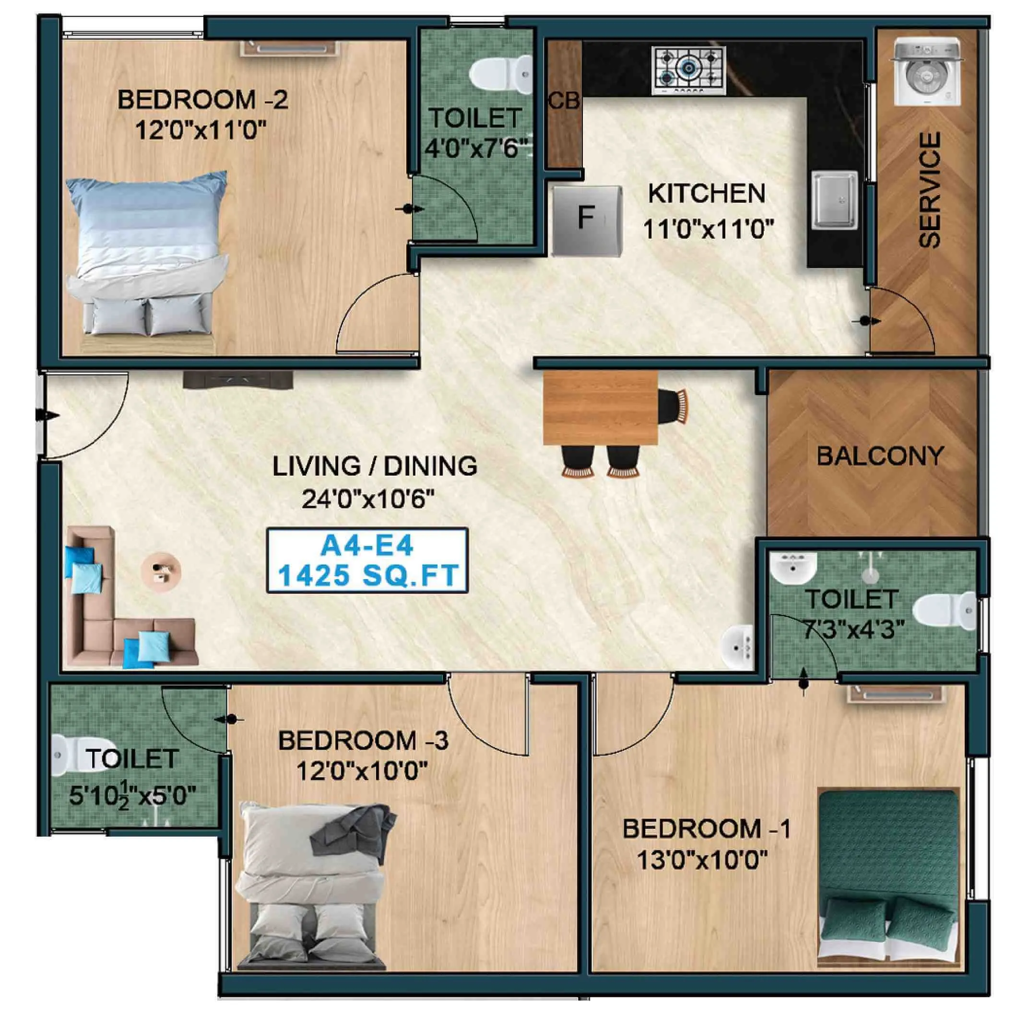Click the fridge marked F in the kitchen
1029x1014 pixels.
click(586, 220)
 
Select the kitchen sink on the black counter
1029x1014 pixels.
click(834, 199)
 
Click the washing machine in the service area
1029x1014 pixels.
click(927, 72)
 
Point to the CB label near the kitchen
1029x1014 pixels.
click(564, 100)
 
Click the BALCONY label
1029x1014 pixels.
click(880, 456)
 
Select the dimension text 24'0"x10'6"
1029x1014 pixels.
click(368, 499)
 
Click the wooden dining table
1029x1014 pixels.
click(600, 408)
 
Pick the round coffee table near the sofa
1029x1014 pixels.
click(161, 572)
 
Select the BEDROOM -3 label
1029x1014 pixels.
click(363, 740)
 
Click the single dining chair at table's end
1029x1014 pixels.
click(673, 406)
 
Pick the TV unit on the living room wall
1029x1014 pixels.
click(238, 381)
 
